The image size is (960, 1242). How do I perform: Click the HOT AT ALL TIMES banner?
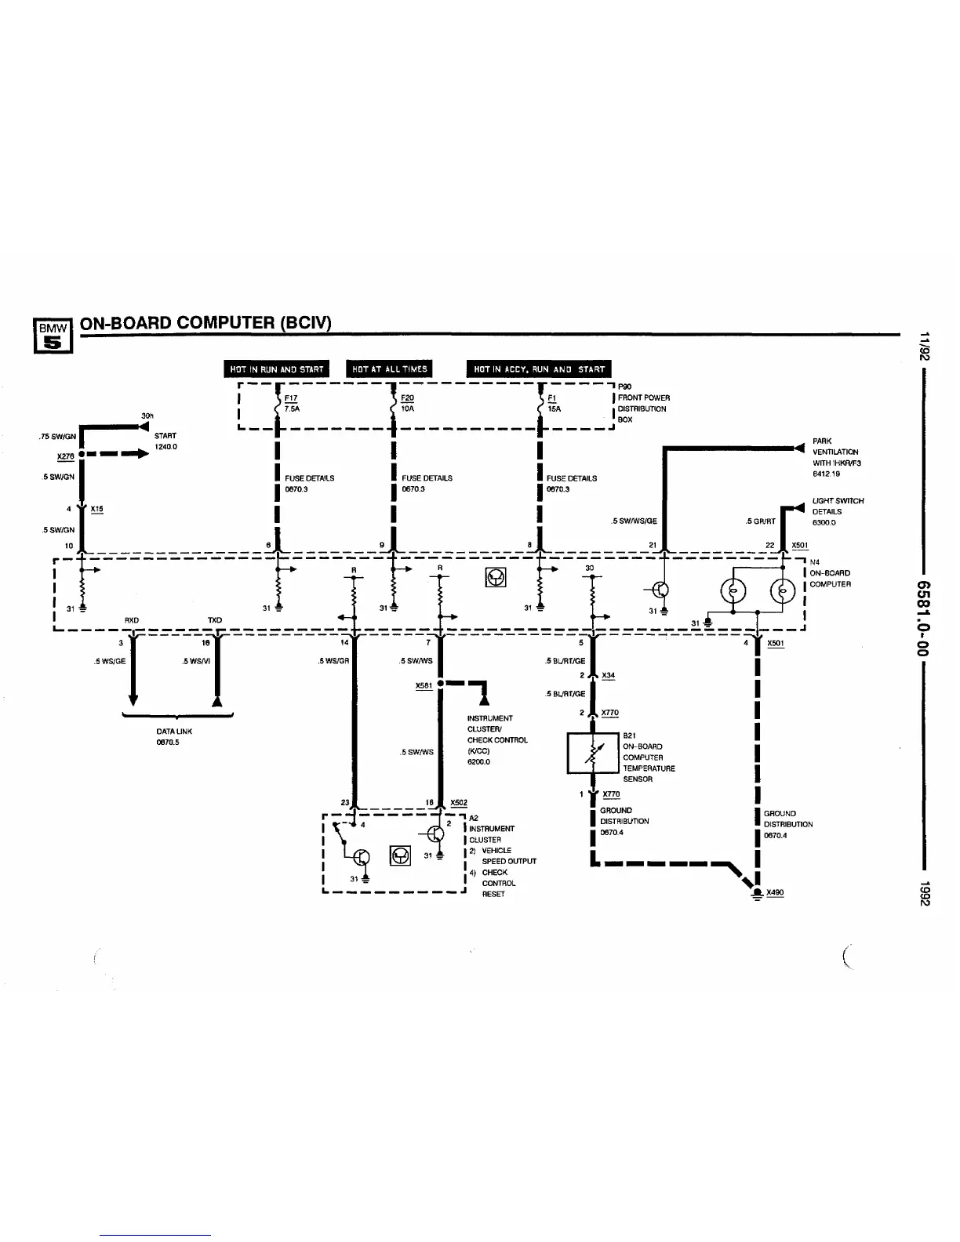389,369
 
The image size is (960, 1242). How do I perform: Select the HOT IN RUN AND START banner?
277,369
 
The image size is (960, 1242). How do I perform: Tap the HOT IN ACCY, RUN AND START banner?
539,369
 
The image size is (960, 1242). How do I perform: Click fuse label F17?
290,398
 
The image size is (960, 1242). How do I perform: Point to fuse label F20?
407,398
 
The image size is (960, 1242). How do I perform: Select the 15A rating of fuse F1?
554,409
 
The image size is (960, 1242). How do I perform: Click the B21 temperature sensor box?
593,753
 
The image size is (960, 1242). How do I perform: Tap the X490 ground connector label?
775,892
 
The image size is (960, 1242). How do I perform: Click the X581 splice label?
424,685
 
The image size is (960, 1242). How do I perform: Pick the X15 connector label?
96,509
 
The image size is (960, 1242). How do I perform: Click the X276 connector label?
65,456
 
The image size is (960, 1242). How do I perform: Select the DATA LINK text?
174,731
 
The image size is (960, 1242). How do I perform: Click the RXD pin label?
132,620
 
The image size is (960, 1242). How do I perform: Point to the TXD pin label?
214,620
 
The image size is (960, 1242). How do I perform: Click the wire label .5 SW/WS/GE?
634,521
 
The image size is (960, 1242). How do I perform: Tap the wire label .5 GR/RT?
760,521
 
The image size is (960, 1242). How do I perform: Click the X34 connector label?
608,675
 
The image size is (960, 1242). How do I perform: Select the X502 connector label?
459,802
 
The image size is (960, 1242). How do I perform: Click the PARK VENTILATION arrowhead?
799,448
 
